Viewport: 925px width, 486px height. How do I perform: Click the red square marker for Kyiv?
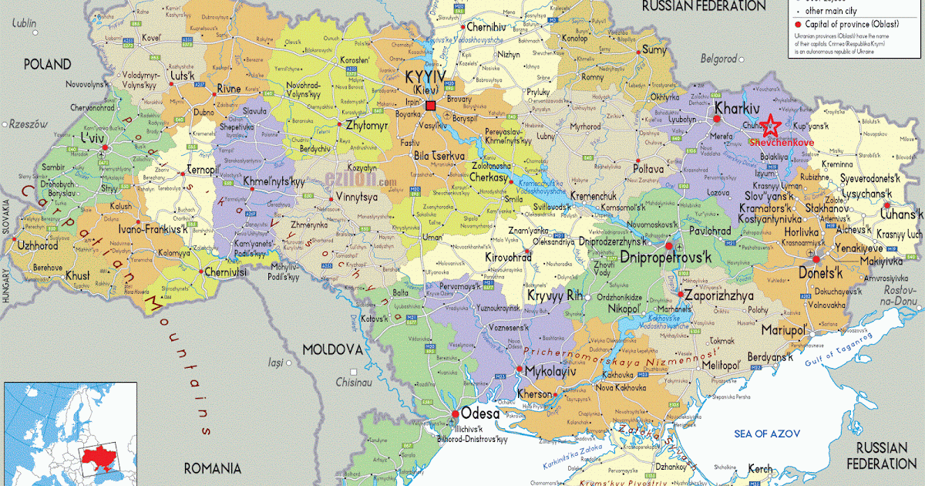pyautogui.click(x=430, y=105)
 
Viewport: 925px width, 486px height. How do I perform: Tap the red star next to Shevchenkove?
pyautogui.click(x=769, y=124)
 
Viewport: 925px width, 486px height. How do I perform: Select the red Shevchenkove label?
pyautogui.click(x=779, y=143)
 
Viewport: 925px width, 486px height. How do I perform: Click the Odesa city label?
pyautogui.click(x=480, y=413)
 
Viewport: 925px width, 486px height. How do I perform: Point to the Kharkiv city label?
pyautogui.click(x=738, y=108)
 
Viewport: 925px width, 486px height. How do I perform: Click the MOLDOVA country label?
pyautogui.click(x=332, y=349)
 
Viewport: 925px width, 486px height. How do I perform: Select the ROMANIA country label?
pyautogui.click(x=213, y=468)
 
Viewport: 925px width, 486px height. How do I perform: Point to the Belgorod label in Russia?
pyautogui.click(x=721, y=58)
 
